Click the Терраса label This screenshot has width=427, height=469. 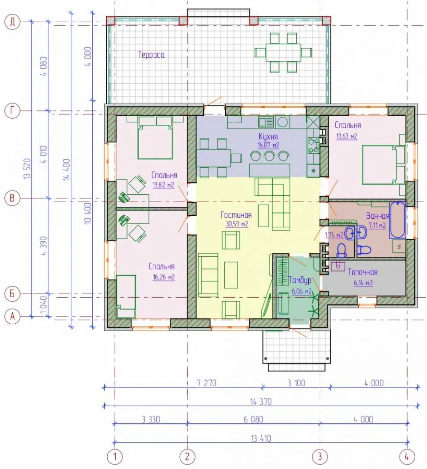151,55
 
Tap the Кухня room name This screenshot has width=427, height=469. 268,137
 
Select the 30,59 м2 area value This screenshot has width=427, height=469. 237,224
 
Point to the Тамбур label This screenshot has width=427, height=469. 300,280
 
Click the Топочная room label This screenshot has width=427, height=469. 363,272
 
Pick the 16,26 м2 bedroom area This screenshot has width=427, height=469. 164,277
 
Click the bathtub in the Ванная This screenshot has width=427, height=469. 398,220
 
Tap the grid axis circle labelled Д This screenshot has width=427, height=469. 12,22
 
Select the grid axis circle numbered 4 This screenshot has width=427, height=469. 407,457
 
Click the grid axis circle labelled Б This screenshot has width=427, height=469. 12,293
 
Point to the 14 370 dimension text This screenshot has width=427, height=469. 261,402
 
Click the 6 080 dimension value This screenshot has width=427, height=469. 253,419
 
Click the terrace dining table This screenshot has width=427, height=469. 283,53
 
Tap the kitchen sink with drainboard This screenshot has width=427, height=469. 266,122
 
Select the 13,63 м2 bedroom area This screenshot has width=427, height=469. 347,136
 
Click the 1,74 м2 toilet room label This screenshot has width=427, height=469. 334,235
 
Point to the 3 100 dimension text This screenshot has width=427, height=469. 296,383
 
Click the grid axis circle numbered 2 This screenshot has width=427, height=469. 187,457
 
